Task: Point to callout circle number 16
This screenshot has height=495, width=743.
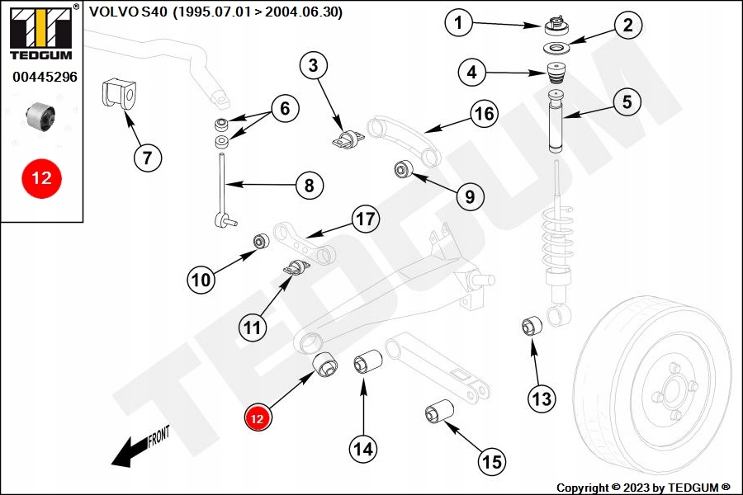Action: click(x=485, y=113)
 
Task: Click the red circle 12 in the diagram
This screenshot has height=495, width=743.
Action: click(x=257, y=419)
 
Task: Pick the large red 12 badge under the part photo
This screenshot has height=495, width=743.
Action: click(x=41, y=178)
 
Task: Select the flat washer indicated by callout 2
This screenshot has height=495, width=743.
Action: click(x=559, y=49)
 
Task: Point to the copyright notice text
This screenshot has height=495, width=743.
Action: click(x=643, y=488)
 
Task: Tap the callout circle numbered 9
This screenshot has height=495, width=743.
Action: click(x=469, y=196)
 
